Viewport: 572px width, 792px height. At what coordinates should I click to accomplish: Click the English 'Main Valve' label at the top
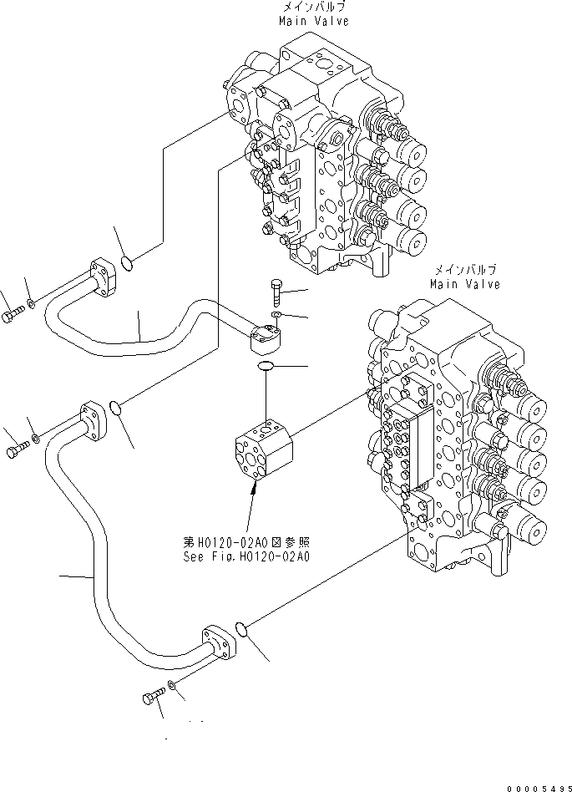point(316,21)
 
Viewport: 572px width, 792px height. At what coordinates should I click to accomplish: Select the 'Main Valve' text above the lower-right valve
point(465,284)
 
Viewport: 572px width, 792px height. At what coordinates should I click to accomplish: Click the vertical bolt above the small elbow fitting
point(277,293)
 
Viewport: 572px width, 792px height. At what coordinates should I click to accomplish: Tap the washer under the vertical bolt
point(277,315)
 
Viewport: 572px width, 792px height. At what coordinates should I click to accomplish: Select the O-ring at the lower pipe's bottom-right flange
point(239,627)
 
